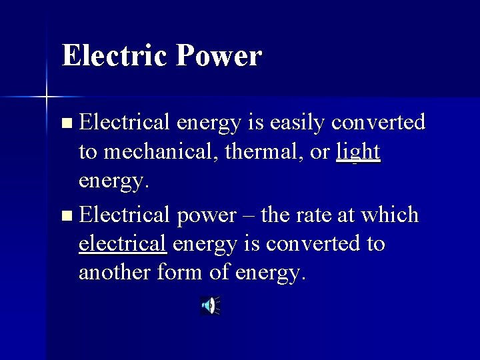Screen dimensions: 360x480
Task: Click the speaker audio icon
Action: click(209, 306)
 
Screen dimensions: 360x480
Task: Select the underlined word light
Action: click(358, 152)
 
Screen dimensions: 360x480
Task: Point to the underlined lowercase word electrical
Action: click(122, 244)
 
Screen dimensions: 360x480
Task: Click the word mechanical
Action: click(164, 152)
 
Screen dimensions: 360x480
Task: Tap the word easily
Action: click(294, 123)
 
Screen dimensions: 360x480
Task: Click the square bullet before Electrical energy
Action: click(65, 123)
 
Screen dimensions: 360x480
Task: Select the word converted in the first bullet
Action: click(378, 123)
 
